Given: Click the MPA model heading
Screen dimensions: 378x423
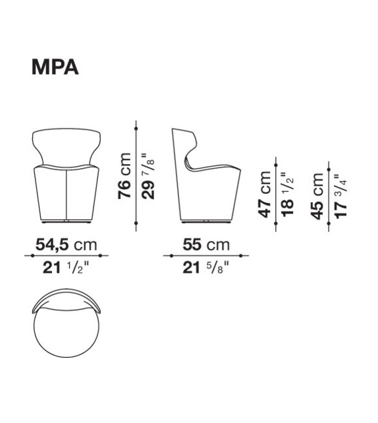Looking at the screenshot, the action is click(55, 67).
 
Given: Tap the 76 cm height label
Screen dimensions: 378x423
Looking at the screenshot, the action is click(124, 176).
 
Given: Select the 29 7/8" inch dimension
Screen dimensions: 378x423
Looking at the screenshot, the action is click(148, 176).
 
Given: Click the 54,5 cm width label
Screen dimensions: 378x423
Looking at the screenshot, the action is click(66, 244).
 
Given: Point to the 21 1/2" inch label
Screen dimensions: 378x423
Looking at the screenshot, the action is click(66, 268).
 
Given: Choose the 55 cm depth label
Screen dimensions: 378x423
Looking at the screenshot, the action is click(206, 244).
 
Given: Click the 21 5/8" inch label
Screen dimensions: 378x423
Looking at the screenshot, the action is click(205, 268).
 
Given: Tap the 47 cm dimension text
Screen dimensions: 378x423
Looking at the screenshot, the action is click(264, 194).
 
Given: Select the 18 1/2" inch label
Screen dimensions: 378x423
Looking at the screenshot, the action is click(288, 194).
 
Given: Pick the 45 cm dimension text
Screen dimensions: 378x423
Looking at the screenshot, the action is click(317, 196).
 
